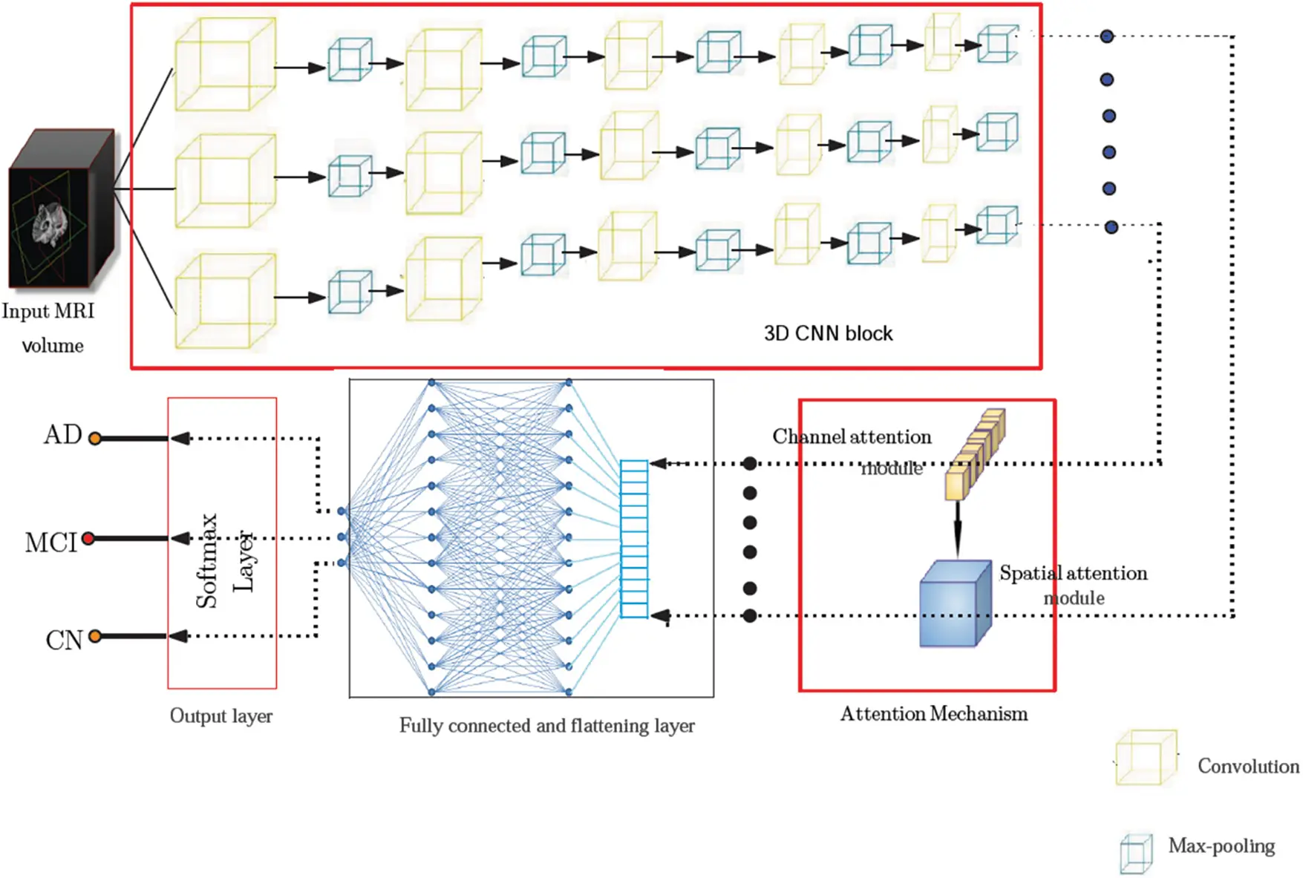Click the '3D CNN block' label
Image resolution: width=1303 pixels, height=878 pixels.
coord(828,334)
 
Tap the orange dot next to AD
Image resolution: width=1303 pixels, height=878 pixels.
coord(95,439)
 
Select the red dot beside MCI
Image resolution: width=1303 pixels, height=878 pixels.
coord(88,538)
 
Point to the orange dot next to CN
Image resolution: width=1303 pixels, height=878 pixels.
coord(95,636)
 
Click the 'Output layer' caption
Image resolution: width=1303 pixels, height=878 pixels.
coord(221,716)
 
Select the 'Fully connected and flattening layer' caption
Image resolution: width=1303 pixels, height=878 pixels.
coord(546,726)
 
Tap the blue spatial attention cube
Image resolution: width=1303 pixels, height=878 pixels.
coord(955,605)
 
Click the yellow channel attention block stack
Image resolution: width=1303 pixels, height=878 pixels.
coord(974,454)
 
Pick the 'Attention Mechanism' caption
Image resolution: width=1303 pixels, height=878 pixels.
coord(933,714)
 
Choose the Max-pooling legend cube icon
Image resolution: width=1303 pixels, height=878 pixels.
coord(1136,854)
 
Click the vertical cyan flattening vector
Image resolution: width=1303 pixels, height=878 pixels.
coord(634,539)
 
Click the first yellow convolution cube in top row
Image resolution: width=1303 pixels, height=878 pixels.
coord(225,65)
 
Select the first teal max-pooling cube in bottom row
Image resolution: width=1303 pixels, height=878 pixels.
coord(349,292)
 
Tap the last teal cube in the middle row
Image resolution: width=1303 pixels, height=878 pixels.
coord(996,133)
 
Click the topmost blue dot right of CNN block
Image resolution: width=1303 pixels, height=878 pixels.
coord(1106,36)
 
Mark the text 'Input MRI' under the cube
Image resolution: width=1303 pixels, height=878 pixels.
coord(48,311)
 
